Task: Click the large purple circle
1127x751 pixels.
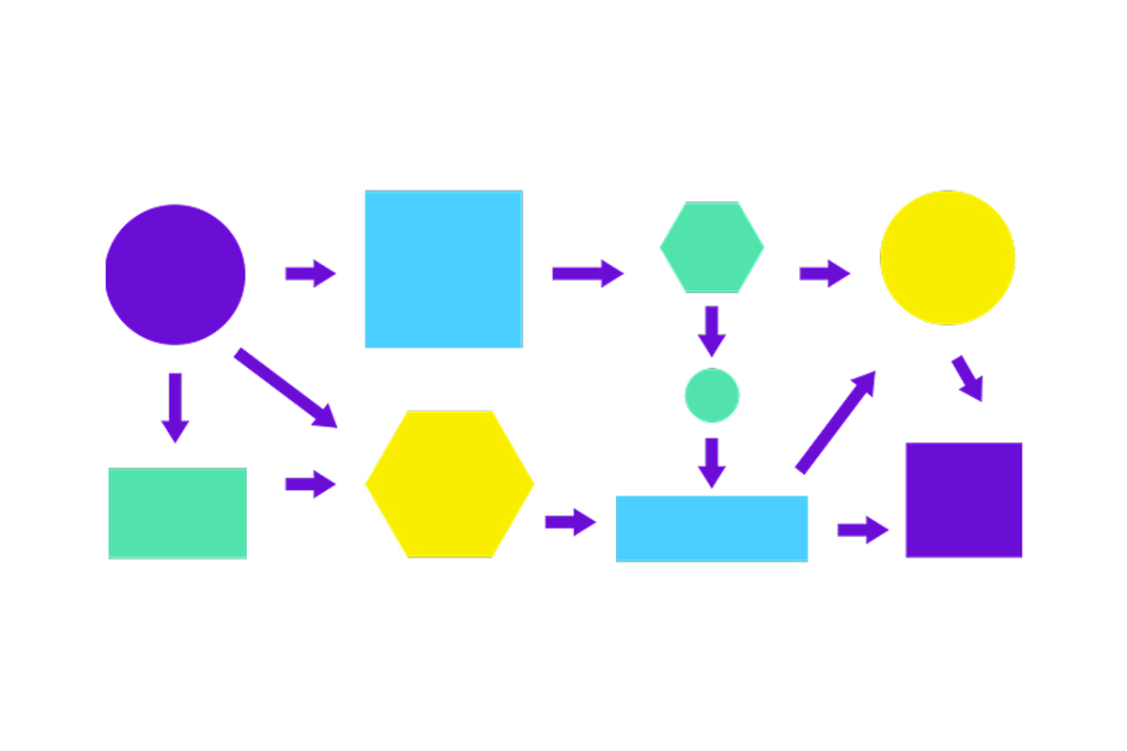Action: point(175,274)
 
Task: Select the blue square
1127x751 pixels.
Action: point(443,269)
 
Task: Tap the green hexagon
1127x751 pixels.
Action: point(712,248)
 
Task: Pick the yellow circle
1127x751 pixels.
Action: point(947,257)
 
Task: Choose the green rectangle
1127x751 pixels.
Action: point(178,513)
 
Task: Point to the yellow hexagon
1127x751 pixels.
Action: point(450,484)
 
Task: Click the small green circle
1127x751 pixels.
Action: point(712,395)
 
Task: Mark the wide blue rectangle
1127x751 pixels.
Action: point(712,529)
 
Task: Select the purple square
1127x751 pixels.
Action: point(964,500)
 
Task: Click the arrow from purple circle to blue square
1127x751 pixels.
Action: point(310,273)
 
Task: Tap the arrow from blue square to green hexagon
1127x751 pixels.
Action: point(587,273)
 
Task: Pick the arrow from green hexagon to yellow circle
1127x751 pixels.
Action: point(824,273)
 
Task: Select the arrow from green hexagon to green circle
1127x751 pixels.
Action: point(712,330)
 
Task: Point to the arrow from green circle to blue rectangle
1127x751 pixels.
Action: point(712,462)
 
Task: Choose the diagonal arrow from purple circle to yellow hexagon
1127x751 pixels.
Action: point(285,388)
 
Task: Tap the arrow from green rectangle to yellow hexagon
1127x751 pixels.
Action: point(310,484)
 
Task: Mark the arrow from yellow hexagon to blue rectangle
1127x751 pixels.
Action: point(570,522)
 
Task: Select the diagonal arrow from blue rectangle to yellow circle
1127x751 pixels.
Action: point(836,421)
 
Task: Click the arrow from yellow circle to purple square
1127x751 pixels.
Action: point(968,378)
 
